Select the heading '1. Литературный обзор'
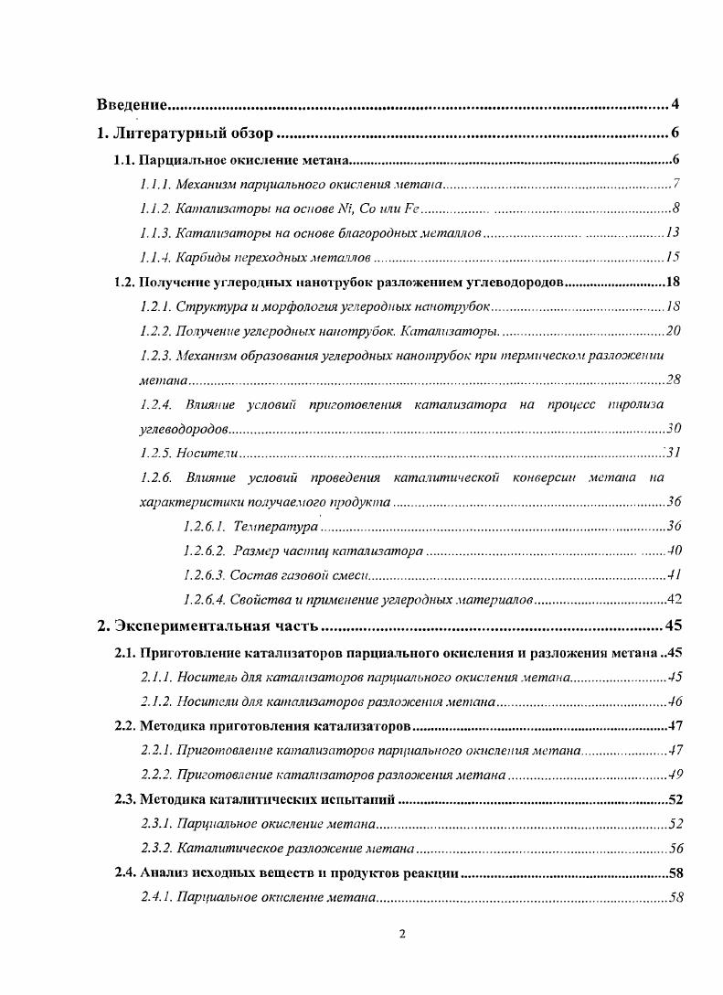[x=186, y=134]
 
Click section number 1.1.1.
[x=154, y=184]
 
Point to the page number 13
[x=673, y=233]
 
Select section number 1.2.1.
[x=154, y=305]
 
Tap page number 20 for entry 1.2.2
[x=673, y=330]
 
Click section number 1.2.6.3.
[x=203, y=574]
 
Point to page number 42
[x=675, y=600]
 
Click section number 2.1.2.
[x=154, y=702]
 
